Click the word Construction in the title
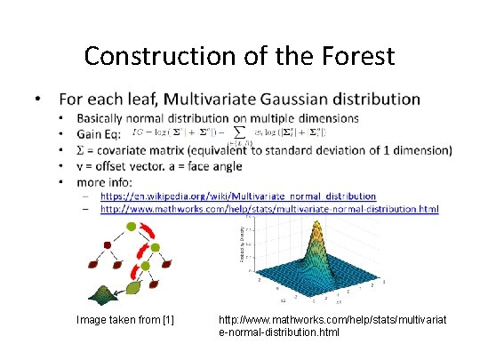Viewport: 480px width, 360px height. point(157,56)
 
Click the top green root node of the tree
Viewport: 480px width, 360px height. point(132,228)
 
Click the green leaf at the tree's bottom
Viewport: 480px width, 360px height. point(132,288)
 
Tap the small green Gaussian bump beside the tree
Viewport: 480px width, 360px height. point(95,294)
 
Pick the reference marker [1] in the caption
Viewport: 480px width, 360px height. point(167,319)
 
